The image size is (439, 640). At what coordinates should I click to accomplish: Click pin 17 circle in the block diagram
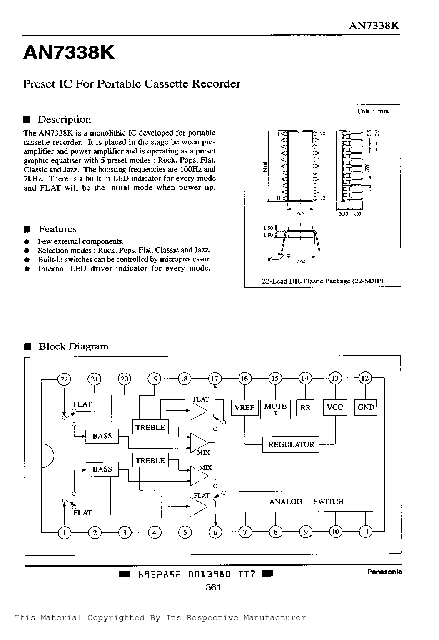pos(215,379)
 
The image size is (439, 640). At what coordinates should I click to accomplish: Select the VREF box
pos(244,407)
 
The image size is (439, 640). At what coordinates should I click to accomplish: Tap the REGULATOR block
pos(291,444)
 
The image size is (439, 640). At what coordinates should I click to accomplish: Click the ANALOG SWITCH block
pos(306,502)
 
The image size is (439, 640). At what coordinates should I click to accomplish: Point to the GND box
pos(366,407)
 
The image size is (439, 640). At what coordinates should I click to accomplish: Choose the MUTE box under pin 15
pos(275,409)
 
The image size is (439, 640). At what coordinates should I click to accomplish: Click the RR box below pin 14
pos(305,407)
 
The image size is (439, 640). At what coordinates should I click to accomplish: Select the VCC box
pos(335,407)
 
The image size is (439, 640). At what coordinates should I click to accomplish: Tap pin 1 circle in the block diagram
pos(65,533)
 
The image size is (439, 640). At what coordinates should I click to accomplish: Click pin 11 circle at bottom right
pos(366,532)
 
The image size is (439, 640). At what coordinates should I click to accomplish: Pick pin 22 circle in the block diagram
pos(64,379)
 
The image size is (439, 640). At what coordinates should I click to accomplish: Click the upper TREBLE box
pos(150,427)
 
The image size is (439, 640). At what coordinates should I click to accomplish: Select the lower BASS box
pos(102,469)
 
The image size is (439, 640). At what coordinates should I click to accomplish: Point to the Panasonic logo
pos(384,572)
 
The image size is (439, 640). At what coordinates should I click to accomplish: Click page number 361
pos(213,587)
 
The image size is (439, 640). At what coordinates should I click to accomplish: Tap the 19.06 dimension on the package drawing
pos(265,166)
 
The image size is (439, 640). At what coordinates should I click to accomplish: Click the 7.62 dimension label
pos(301,261)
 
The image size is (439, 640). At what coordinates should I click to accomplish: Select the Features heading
pos(57,229)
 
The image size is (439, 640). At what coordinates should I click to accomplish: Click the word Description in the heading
pos(65,119)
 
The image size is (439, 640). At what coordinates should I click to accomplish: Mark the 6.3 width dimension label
pos(300,213)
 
